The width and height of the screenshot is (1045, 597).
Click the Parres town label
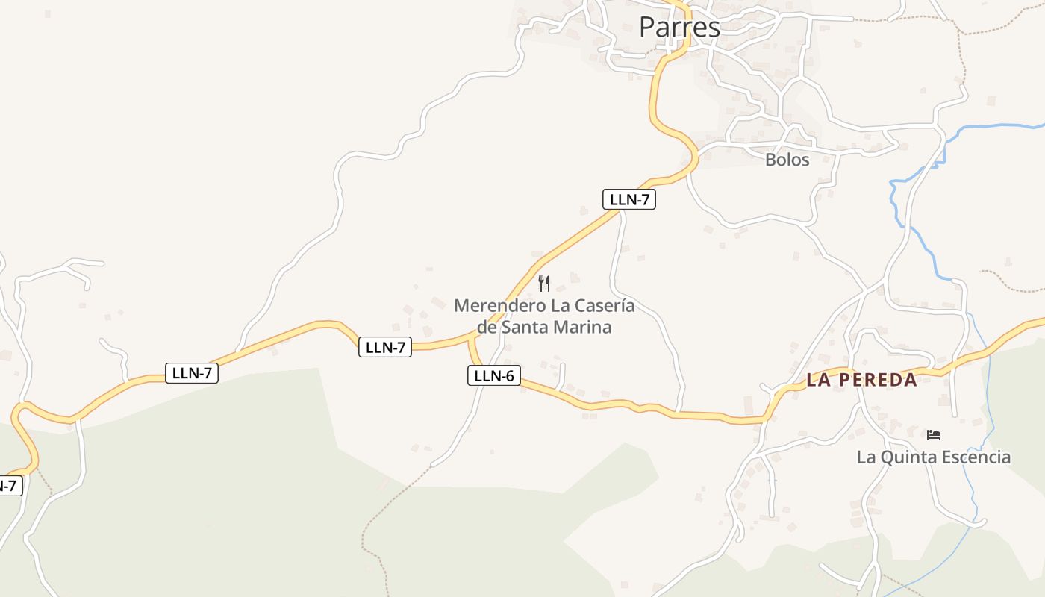(679, 28)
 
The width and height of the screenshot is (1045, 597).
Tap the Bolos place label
(787, 160)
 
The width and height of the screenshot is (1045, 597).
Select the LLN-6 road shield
(493, 375)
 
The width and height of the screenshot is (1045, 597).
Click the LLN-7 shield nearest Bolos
(628, 199)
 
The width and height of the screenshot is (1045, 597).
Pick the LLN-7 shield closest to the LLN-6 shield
(385, 347)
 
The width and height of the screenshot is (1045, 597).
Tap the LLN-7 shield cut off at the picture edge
(9, 486)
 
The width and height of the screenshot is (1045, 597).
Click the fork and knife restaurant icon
(544, 284)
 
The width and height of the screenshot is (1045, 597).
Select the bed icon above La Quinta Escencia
(934, 434)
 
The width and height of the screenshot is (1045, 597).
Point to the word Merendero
(499, 306)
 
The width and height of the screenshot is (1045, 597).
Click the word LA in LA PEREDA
(818, 380)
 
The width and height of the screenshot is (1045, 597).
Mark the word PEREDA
(878, 380)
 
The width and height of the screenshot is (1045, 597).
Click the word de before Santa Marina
(487, 327)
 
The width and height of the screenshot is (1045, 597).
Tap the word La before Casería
(561, 306)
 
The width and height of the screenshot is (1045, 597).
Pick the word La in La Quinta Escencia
(866, 457)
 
